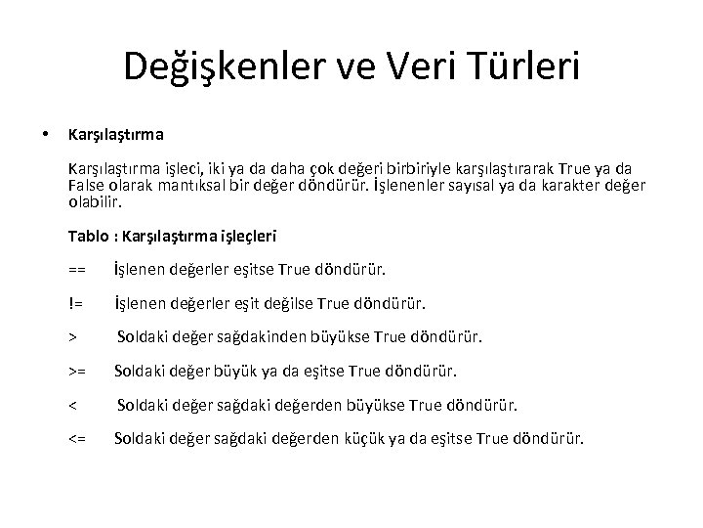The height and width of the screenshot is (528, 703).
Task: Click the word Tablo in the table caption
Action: (88, 236)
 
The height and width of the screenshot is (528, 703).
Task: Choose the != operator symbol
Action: (75, 303)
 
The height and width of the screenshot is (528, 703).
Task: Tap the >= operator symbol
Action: (77, 371)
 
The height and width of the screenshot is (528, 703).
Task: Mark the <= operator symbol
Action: (77, 438)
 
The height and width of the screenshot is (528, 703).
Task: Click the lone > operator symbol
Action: (73, 337)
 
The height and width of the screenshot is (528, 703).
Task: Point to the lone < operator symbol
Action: (73, 405)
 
